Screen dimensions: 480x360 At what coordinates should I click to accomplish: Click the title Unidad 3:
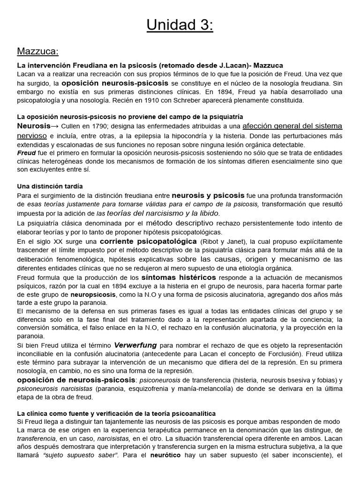(180, 24)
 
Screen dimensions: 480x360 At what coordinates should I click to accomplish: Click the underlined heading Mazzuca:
(38, 51)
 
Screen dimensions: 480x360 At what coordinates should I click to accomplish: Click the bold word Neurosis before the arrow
(33, 126)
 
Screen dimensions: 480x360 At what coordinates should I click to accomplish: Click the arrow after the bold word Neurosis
(54, 126)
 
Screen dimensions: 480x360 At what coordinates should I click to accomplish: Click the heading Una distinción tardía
(45, 186)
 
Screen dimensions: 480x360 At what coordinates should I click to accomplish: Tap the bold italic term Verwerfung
(135, 345)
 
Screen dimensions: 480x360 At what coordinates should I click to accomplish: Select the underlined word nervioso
(32, 135)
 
